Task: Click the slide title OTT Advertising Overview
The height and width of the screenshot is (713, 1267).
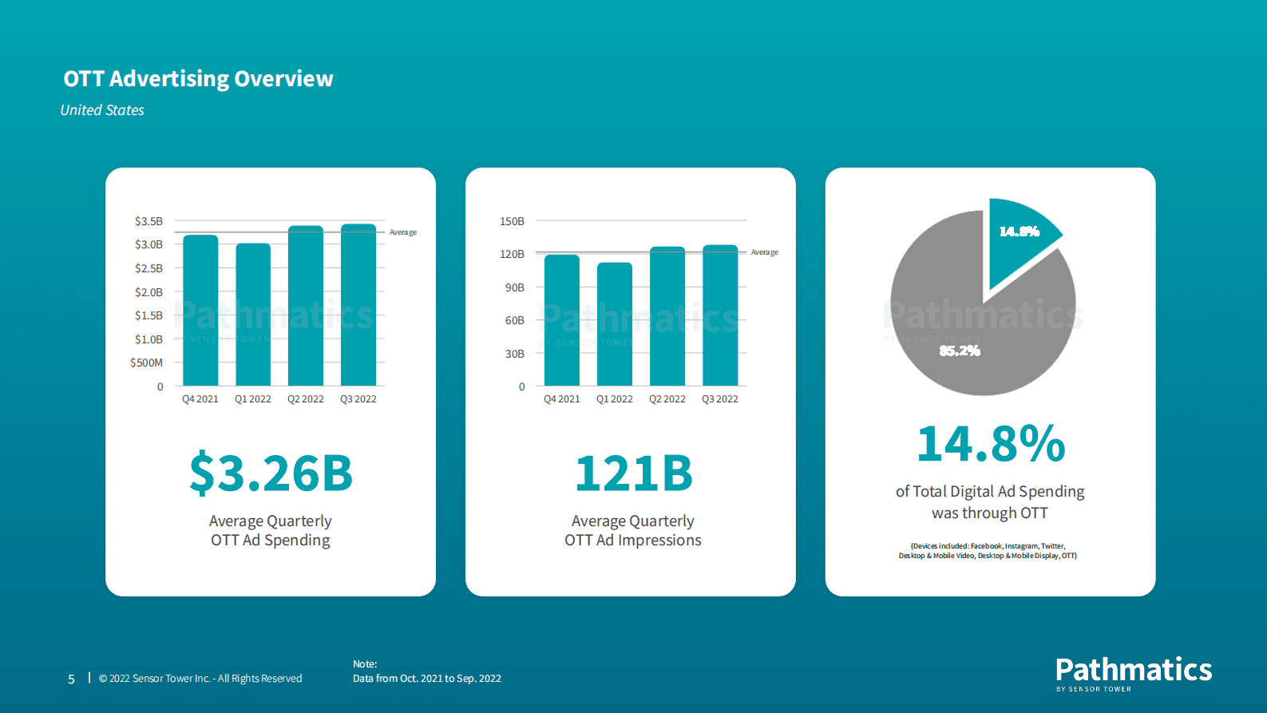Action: click(x=198, y=78)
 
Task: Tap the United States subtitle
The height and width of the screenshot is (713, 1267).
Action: click(x=102, y=110)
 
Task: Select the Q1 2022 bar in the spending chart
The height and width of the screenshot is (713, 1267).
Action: click(x=253, y=315)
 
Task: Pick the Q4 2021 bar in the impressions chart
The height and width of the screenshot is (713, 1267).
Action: click(x=562, y=320)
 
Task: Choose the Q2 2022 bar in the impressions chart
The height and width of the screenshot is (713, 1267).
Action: click(x=667, y=316)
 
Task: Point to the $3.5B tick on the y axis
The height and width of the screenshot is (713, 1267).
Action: click(x=148, y=221)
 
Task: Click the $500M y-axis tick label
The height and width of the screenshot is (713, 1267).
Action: click(x=146, y=362)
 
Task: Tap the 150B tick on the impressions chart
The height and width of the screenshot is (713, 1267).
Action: click(x=512, y=221)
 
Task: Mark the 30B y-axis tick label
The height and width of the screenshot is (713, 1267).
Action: click(x=514, y=354)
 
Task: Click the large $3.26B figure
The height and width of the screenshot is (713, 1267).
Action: click(x=271, y=473)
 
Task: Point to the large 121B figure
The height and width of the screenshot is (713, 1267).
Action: click(x=633, y=473)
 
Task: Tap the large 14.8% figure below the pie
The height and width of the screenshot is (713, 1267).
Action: click(x=991, y=444)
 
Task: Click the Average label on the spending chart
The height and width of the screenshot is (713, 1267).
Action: click(x=403, y=232)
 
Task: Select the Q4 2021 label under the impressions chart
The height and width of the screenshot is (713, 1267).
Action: click(x=562, y=399)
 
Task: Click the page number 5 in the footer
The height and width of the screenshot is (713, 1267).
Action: click(x=71, y=679)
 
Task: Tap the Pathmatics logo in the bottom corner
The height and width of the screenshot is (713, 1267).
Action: click(x=1133, y=673)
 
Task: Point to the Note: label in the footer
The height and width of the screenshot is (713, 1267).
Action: click(x=365, y=664)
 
